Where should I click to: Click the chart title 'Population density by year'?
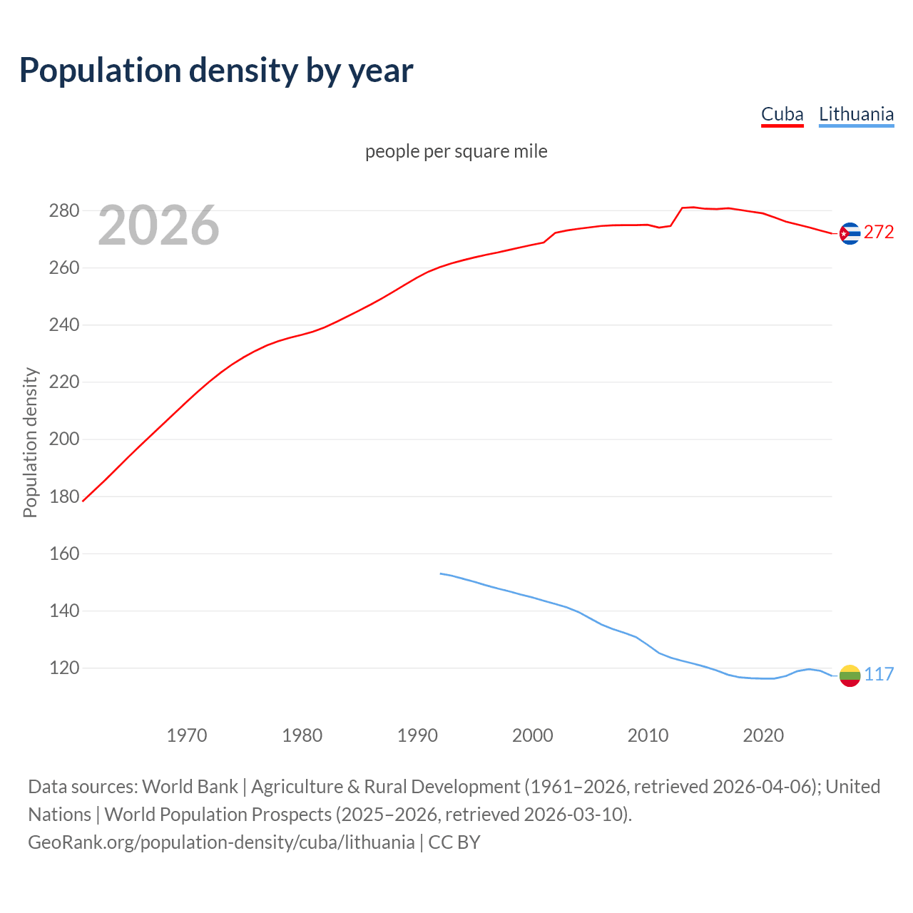click(x=216, y=71)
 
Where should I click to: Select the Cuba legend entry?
click(x=782, y=114)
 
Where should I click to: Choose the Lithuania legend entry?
click(x=856, y=114)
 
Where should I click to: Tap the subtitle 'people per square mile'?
click(x=456, y=151)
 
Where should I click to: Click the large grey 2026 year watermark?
click(x=158, y=225)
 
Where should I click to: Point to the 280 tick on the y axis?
click(x=63, y=210)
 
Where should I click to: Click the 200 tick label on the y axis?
click(x=63, y=439)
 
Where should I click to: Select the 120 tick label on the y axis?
click(x=63, y=668)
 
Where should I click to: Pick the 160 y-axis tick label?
click(x=63, y=554)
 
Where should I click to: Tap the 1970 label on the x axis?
click(x=187, y=735)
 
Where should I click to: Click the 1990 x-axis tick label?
click(x=417, y=735)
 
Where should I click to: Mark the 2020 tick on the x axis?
click(x=763, y=735)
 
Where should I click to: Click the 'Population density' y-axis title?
click(x=30, y=442)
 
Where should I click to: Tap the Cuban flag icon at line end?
click(x=850, y=233)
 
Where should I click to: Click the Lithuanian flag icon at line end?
click(x=850, y=675)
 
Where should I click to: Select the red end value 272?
click(x=879, y=233)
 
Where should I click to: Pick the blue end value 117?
click(x=879, y=675)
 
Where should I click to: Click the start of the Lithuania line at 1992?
click(x=441, y=573)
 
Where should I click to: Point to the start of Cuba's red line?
click(x=83, y=501)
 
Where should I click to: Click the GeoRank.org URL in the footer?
click(x=221, y=842)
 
